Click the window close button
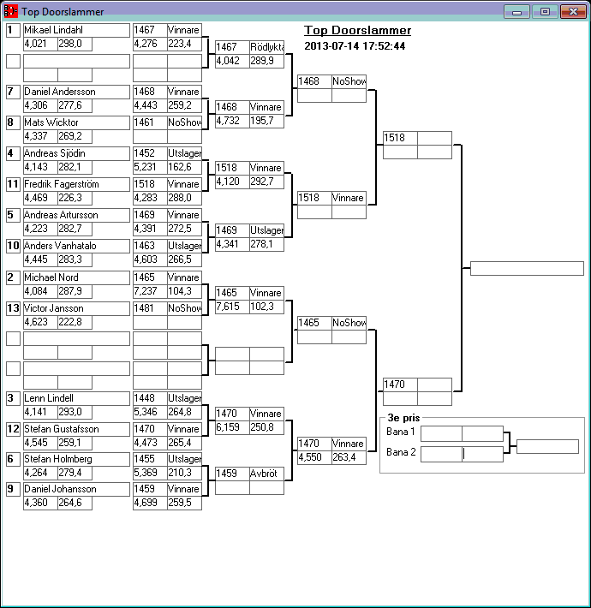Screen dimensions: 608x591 [x=571, y=12]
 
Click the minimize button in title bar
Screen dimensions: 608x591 [x=516, y=12]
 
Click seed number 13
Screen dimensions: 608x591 [x=13, y=308]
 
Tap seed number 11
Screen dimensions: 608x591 [x=13, y=184]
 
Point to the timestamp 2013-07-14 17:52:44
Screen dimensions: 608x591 [x=355, y=45]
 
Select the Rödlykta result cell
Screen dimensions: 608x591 [x=266, y=46]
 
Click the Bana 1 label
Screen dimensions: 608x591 [x=401, y=432]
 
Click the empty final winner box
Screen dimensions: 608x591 [x=527, y=269]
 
